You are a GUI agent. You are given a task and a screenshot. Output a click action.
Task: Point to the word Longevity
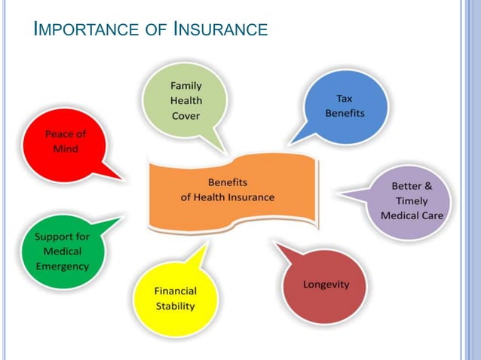coord(326,285)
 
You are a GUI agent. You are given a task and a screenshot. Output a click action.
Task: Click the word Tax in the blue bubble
coord(345,99)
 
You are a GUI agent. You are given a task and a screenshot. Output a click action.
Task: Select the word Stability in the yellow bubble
coord(175,306)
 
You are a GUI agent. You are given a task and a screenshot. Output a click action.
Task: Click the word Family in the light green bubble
coord(185,86)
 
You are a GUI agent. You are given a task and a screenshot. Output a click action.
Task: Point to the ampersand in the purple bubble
coord(427,185)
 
